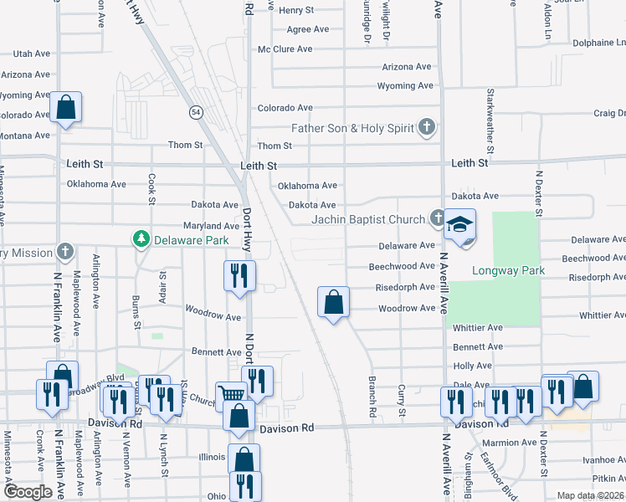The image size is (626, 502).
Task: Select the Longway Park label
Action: pyautogui.click(x=508, y=270)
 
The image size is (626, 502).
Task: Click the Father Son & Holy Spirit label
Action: pyautogui.click(x=352, y=128)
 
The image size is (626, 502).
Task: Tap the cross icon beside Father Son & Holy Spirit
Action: pyautogui.click(x=427, y=128)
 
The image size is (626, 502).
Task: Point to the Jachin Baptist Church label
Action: pyautogui.click(x=368, y=219)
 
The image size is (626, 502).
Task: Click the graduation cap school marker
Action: pyautogui.click(x=459, y=226)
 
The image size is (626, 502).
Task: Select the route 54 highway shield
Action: pyautogui.click(x=195, y=111)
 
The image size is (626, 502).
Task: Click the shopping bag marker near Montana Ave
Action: pyautogui.click(x=65, y=108)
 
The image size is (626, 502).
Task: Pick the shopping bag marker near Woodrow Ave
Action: pyautogui.click(x=333, y=303)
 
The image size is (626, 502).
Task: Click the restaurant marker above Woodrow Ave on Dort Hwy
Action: pyautogui.click(x=240, y=275)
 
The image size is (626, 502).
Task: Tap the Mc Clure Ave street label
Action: pyautogui.click(x=281, y=49)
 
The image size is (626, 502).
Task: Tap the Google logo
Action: pyautogui.click(x=28, y=492)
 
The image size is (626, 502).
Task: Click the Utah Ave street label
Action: pyautogui.click(x=32, y=53)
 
